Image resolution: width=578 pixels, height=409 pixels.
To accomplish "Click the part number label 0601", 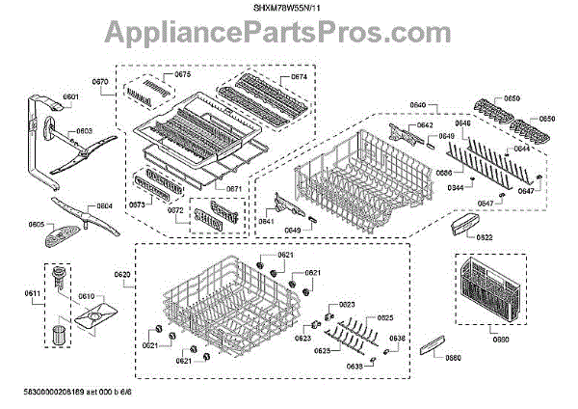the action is (70, 96).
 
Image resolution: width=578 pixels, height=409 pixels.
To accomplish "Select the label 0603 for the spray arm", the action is (84, 130).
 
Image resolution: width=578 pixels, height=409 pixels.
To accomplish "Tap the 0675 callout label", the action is (181, 74).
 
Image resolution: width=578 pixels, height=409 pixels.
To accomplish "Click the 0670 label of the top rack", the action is (99, 82).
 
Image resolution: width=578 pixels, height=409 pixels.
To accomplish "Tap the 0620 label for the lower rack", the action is (121, 275).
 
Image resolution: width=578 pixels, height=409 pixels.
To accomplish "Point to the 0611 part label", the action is (32, 292).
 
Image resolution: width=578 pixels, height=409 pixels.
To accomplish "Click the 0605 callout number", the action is (36, 224).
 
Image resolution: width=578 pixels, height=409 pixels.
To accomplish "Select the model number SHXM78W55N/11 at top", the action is (288, 8).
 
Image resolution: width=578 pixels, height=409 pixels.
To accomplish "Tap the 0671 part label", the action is (233, 188).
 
